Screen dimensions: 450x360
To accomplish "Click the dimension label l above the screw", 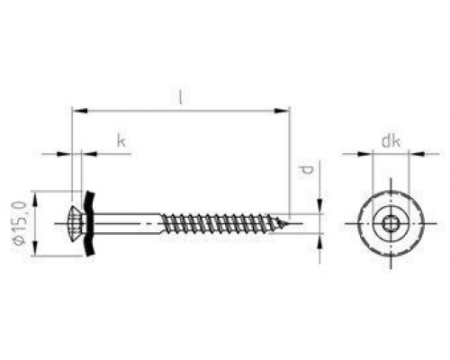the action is click(x=180, y=97).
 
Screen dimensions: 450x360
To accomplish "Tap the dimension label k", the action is click(x=121, y=140).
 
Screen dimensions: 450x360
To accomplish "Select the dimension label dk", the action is click(x=391, y=141).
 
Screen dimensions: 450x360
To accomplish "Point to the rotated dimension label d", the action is click(x=306, y=172).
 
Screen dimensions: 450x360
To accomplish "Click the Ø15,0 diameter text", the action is click(x=20, y=223).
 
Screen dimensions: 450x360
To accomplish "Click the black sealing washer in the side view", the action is click(x=89, y=223).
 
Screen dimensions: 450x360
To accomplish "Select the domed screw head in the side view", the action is click(x=77, y=223).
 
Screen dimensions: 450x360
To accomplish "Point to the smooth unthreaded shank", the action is click(x=128, y=223).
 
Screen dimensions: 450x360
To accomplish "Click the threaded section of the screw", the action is click(x=220, y=223).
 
